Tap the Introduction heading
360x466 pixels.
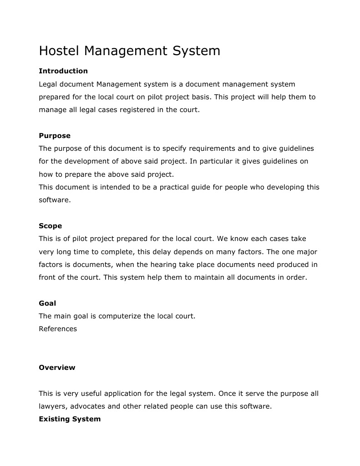(x=63, y=71)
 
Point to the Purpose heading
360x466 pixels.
(x=55, y=136)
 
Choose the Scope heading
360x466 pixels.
(x=50, y=226)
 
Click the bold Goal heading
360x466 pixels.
(x=47, y=303)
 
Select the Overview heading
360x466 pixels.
(x=57, y=368)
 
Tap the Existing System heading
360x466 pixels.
(x=70, y=419)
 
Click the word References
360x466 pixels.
(x=58, y=329)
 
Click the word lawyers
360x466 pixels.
(x=52, y=406)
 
